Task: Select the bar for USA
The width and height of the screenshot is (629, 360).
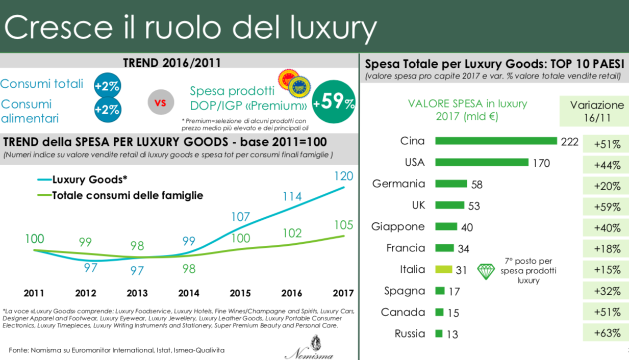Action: [x=482, y=162]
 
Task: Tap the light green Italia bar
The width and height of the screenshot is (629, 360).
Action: [x=444, y=269]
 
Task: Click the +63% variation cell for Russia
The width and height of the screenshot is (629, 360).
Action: [x=607, y=333]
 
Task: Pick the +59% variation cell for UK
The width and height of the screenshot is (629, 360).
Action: [x=607, y=207]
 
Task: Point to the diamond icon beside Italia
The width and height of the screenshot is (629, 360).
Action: [x=486, y=271]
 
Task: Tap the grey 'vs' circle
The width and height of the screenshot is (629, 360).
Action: [x=160, y=102]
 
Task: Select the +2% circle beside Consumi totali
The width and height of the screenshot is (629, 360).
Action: [x=107, y=86]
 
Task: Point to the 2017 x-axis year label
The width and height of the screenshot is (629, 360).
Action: [x=342, y=293]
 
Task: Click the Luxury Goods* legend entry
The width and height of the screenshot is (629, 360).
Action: [x=89, y=179]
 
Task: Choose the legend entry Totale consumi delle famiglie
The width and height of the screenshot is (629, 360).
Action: [x=128, y=195]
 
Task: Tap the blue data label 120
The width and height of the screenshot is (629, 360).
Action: [x=343, y=176]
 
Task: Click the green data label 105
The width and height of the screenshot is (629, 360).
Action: [x=343, y=225]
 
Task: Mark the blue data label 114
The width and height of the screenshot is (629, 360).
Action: [x=292, y=196]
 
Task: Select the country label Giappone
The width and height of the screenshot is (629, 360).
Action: [x=398, y=226]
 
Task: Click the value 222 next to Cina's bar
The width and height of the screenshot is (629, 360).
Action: [x=569, y=142]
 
